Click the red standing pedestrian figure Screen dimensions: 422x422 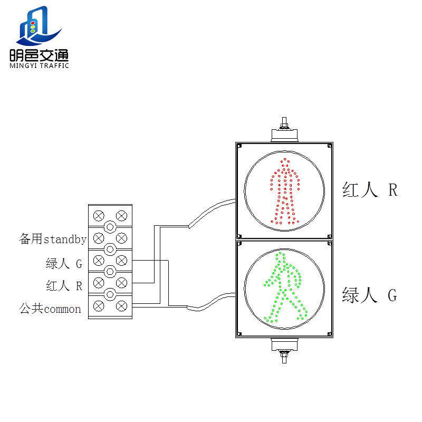(285, 191)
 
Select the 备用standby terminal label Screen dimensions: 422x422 (53, 239)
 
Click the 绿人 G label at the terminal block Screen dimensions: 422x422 (64, 263)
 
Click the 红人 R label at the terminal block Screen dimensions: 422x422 (64, 286)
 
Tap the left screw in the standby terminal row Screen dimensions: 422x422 (98, 237)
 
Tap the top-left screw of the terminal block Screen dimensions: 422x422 (98, 215)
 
